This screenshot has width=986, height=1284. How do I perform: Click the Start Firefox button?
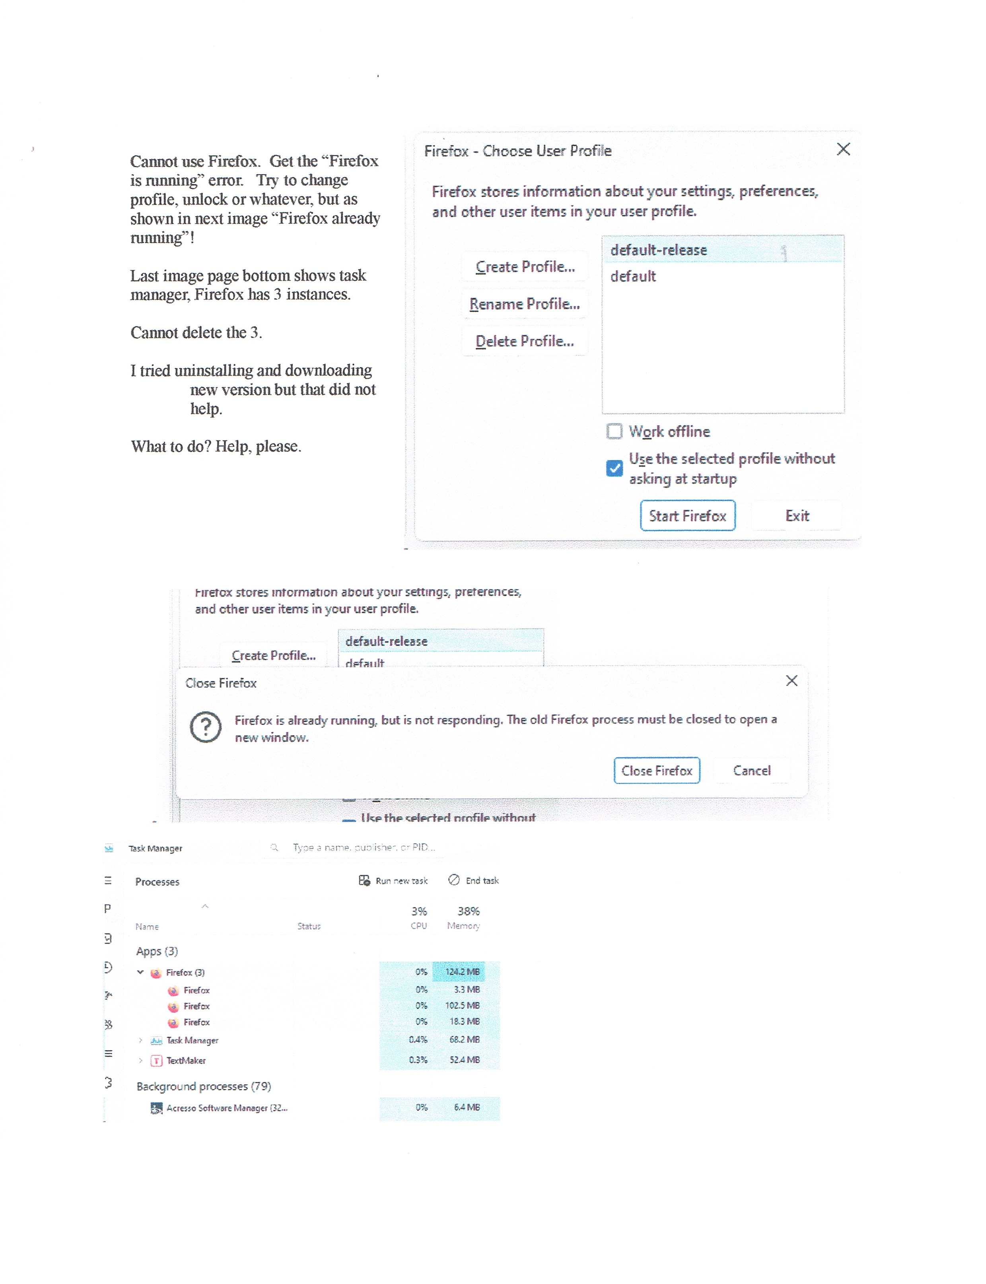pos(687,515)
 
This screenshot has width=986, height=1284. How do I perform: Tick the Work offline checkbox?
pos(614,431)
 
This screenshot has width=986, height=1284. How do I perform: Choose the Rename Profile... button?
pos(524,304)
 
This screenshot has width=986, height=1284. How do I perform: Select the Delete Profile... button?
pos(524,341)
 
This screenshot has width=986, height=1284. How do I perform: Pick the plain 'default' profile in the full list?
pos(633,276)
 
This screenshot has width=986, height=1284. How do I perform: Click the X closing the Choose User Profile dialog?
pos(843,149)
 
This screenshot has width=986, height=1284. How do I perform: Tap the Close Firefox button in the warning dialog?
pos(656,771)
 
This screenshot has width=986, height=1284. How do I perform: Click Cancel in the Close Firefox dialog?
pos(751,771)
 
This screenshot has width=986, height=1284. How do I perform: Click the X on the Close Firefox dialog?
pos(791,681)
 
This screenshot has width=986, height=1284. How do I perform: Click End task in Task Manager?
pos(474,880)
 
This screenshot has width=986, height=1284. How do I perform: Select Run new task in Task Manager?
pos(393,880)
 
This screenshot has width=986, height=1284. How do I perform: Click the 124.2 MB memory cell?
pos(462,972)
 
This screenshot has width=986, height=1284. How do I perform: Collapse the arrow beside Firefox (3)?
pos(140,972)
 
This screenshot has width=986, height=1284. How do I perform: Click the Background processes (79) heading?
pos(204,1086)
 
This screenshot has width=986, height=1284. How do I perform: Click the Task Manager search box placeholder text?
pos(364,847)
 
